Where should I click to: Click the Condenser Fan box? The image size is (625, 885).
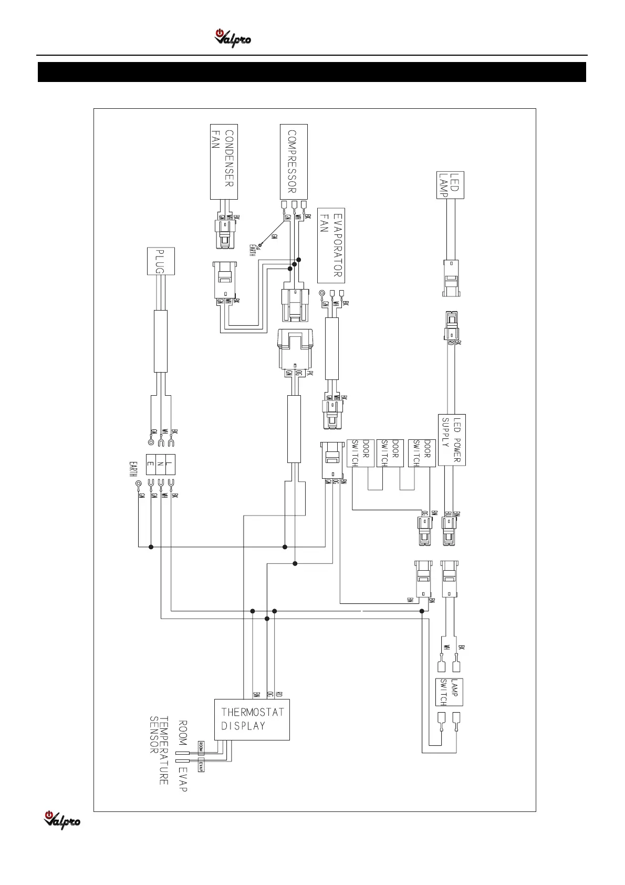coord(224,161)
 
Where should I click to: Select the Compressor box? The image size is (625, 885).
coord(294,161)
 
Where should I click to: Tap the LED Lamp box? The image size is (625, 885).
coord(451,185)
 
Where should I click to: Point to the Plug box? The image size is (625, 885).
coord(160,261)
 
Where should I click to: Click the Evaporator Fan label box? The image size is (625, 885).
coord(331,244)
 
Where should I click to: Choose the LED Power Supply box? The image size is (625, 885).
coord(452,439)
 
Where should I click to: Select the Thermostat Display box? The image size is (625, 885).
coord(252,719)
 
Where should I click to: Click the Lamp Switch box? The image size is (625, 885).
coord(449,692)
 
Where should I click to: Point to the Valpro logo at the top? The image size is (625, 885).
coord(232,38)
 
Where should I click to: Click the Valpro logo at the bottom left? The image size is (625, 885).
coord(62,819)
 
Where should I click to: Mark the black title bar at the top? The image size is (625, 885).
coord(312,72)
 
